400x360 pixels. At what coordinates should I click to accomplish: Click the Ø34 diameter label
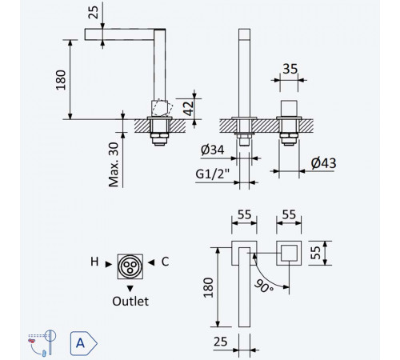[x=212, y=150]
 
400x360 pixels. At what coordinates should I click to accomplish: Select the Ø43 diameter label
[x=323, y=163]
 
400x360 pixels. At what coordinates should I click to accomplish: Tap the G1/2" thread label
[x=213, y=174]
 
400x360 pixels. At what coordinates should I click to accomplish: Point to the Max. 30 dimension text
[x=114, y=165]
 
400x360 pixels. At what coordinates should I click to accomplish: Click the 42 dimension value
[x=189, y=108]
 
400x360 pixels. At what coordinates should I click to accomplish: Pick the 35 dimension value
[x=290, y=69]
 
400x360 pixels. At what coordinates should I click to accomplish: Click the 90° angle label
[x=264, y=286]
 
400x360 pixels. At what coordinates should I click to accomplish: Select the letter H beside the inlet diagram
[x=94, y=262]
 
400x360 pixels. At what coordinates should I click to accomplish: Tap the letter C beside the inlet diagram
[x=165, y=262]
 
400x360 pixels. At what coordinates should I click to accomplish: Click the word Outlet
[x=130, y=302]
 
